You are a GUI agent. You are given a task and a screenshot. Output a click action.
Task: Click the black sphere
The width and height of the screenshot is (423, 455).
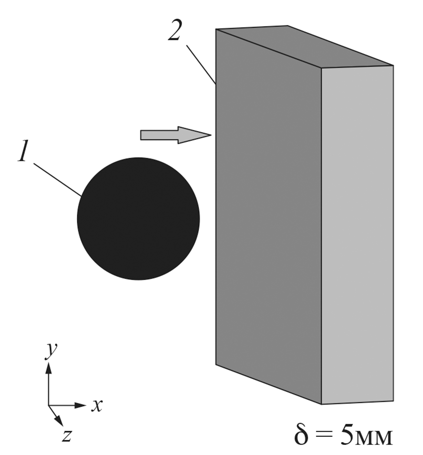138,219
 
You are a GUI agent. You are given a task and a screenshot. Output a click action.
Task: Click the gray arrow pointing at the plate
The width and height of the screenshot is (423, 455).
176,135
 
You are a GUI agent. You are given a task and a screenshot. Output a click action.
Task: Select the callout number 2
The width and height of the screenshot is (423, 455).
175,30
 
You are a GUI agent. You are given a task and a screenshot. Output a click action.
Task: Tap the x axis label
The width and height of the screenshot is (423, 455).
97,405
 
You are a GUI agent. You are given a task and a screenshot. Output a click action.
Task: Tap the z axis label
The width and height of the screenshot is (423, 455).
67,435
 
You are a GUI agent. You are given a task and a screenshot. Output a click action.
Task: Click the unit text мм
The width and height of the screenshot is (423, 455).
374,438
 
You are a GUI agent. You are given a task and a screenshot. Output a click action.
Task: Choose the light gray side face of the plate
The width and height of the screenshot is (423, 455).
358,235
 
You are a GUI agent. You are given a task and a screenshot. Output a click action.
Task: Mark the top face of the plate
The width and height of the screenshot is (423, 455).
305,47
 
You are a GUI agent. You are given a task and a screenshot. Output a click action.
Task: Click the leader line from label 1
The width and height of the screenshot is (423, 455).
57,180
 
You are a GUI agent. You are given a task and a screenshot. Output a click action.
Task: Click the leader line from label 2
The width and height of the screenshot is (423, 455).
201,64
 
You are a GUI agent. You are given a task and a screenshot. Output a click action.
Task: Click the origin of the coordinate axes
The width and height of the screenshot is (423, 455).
48,405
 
